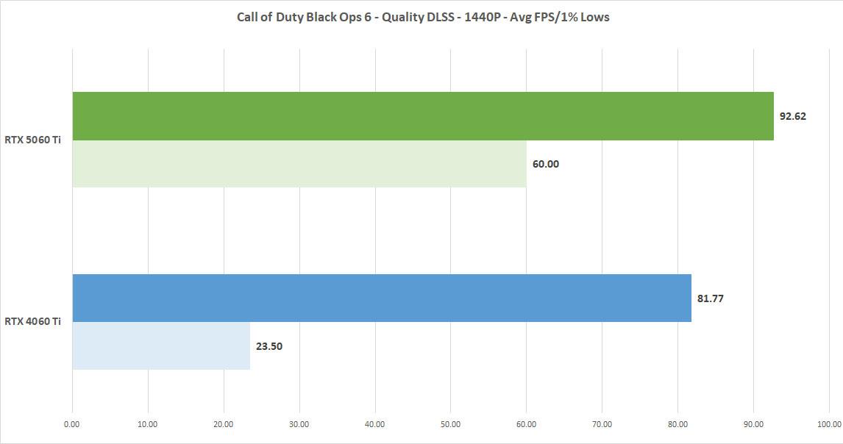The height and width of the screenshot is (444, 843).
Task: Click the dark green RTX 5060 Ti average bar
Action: (x=423, y=116)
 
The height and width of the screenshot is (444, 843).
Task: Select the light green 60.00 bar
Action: (x=299, y=164)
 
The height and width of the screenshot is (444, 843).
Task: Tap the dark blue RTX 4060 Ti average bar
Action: (x=382, y=298)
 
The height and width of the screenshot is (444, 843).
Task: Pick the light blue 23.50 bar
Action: (x=161, y=345)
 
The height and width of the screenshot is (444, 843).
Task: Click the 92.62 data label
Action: (x=793, y=116)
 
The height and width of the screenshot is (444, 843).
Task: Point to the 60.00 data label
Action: (x=546, y=164)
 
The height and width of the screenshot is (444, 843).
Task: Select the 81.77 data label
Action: (x=711, y=298)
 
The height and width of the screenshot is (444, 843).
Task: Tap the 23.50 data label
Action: (x=269, y=346)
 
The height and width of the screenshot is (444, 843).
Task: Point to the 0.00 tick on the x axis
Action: (x=72, y=424)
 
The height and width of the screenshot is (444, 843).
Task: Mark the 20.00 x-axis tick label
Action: (x=224, y=424)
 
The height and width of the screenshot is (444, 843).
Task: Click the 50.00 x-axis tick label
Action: (x=451, y=424)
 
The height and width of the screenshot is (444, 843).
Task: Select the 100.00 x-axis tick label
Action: (x=829, y=424)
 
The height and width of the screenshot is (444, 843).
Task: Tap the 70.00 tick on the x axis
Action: (x=602, y=424)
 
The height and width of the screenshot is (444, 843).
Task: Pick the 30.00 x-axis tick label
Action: (x=299, y=424)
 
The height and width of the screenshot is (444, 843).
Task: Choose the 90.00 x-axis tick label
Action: (x=753, y=424)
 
